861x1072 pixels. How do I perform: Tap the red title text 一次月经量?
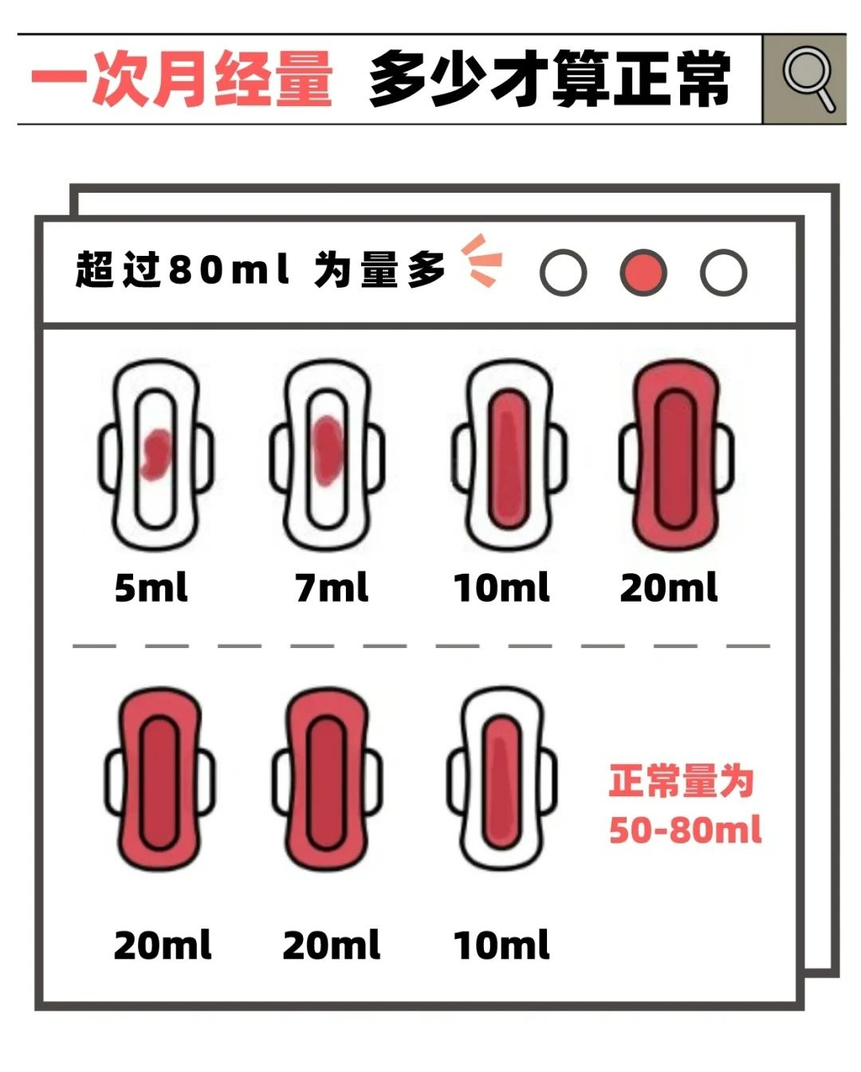[182, 78]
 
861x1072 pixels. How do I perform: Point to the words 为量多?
[379, 270]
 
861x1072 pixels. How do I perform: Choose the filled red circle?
[643, 273]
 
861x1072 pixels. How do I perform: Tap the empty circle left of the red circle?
[563, 273]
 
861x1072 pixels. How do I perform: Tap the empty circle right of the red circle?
[723, 273]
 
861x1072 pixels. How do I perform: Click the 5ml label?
[151, 588]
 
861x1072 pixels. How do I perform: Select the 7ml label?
[332, 588]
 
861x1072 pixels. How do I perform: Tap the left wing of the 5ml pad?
[108, 458]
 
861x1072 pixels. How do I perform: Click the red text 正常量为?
[682, 780]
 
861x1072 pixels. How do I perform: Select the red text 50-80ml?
[685, 830]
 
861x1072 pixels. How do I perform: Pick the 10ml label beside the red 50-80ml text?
[501, 945]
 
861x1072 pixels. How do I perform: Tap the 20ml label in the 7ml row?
[668, 588]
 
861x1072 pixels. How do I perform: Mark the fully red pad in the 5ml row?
[676, 454]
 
